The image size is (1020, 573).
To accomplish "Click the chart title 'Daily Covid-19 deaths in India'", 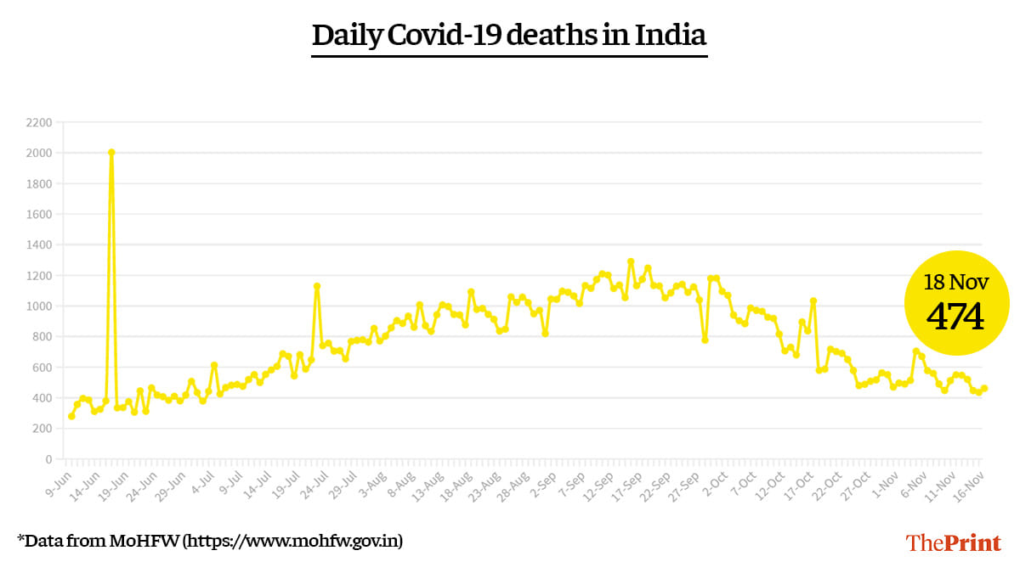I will [509, 36].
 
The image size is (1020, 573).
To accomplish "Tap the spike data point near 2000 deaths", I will [111, 153].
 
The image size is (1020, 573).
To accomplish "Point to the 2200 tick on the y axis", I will [39, 123].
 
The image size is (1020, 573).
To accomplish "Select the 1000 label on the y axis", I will [39, 306].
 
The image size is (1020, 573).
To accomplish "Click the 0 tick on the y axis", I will [48, 459].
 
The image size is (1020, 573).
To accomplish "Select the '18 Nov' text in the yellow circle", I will [956, 282].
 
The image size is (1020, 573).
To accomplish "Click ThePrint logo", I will [954, 542].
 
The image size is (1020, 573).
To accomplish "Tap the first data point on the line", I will [71, 416].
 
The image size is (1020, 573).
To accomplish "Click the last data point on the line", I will [984, 389].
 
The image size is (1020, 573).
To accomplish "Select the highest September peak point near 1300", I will [631, 261].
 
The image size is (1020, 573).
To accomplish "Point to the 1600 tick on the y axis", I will [39, 215].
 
